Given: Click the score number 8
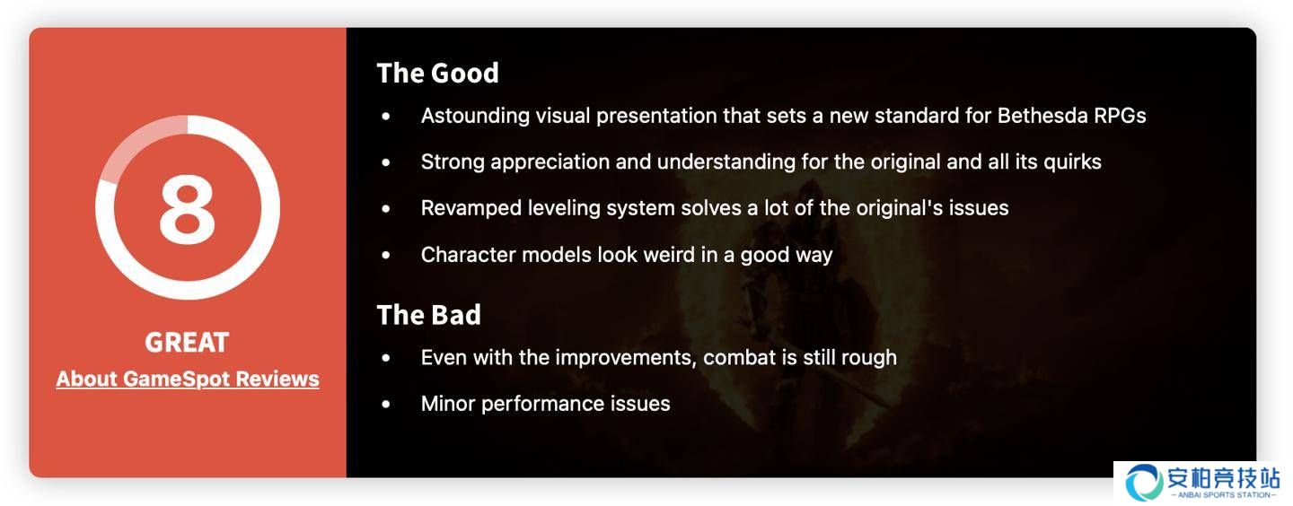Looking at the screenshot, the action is (187, 208).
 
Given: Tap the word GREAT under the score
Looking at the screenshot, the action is (187, 342).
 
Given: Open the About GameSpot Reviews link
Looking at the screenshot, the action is (188, 379).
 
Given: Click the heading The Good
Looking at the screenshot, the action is (437, 74).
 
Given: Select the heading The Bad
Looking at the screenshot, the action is (429, 315).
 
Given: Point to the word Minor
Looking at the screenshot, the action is (448, 404).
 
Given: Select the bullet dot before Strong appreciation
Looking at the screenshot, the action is (385, 162).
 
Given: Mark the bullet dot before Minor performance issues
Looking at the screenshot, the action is (385, 405).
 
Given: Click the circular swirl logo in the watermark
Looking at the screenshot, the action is (1144, 482).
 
